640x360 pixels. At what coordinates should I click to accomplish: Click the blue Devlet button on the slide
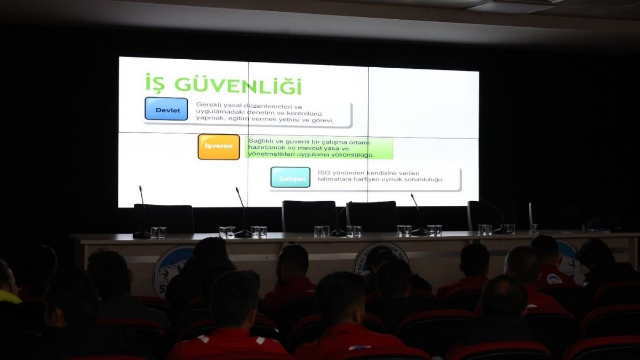166,109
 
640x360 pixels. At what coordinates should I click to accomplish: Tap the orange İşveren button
219,147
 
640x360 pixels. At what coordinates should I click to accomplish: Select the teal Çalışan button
290,177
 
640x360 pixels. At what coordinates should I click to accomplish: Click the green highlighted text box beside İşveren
319,148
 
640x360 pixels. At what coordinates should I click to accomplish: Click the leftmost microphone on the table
142,213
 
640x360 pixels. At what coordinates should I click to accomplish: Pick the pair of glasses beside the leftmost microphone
158,232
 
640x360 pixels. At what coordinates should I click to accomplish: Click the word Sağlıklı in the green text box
259,141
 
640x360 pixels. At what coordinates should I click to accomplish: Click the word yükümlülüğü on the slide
351,155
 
